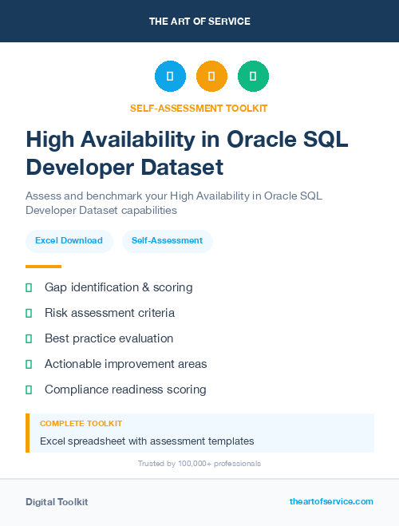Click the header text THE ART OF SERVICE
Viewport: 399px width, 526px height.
point(199,22)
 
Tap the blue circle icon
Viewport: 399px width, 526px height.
point(170,77)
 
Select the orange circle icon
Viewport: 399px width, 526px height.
point(211,77)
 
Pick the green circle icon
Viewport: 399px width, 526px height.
point(254,77)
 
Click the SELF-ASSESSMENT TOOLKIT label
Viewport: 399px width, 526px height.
point(199,108)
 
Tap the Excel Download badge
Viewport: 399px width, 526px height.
point(69,240)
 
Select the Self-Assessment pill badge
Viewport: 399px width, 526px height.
point(167,240)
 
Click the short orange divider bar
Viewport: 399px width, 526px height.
point(43,267)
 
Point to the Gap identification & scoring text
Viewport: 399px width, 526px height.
point(118,287)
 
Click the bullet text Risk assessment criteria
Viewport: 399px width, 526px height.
point(109,313)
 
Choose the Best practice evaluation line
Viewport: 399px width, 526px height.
point(109,338)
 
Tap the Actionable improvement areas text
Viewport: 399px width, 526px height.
point(125,364)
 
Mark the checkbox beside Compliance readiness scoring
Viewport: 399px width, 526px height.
point(29,390)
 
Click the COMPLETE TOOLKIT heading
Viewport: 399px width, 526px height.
point(81,423)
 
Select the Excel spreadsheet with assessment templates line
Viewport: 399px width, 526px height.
point(147,441)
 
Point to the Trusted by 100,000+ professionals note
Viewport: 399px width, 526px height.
point(199,463)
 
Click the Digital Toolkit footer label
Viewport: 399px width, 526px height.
point(57,501)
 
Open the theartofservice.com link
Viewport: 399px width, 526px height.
point(331,501)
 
